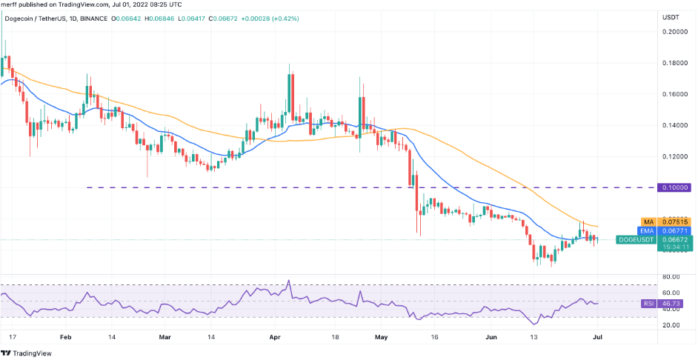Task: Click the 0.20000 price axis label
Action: point(675,32)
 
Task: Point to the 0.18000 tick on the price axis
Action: point(675,63)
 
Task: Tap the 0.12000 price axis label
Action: point(675,157)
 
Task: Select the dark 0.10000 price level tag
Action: point(675,188)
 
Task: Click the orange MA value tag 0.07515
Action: point(675,221)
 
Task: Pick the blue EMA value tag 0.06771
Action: point(675,231)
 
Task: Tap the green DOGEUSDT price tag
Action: point(675,240)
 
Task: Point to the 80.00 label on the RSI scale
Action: point(671,277)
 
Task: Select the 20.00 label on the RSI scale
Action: point(671,325)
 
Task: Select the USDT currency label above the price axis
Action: point(670,17)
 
